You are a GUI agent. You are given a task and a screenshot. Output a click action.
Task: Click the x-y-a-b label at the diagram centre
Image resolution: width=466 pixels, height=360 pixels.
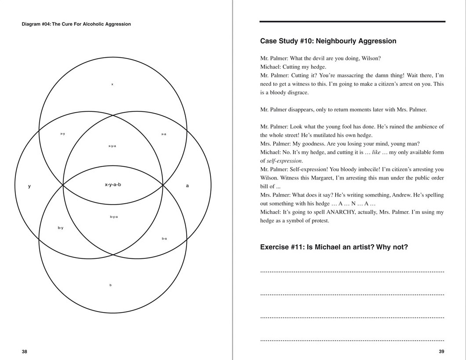click(x=113, y=185)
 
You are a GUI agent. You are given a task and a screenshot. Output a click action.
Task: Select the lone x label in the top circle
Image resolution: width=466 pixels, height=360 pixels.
click(x=112, y=84)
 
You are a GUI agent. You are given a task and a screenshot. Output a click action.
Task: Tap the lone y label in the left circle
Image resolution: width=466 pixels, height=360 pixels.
click(x=29, y=186)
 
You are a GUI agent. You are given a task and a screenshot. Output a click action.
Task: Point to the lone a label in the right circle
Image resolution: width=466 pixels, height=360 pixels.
click(x=187, y=186)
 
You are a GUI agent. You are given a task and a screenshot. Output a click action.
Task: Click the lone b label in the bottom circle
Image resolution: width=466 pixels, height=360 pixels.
click(x=110, y=285)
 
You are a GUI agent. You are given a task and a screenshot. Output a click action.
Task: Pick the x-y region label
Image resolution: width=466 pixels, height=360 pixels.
click(x=62, y=134)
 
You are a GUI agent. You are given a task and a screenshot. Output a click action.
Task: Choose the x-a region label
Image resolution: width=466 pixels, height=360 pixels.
click(x=164, y=134)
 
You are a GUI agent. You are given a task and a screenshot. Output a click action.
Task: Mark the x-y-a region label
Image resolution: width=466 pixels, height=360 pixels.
click(x=112, y=146)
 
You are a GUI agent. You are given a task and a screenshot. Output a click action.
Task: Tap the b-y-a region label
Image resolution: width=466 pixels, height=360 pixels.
click(x=114, y=217)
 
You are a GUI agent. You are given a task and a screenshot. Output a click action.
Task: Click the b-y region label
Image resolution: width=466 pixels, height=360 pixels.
click(x=60, y=228)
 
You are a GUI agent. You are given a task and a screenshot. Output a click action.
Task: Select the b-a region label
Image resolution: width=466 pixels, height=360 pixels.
click(x=164, y=239)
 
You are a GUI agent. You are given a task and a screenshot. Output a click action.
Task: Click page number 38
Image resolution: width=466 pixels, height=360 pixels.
click(x=25, y=352)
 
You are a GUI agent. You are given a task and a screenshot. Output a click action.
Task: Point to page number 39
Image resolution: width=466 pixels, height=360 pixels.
click(x=441, y=352)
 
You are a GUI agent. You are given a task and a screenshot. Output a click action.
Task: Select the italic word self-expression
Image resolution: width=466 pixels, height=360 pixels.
click(x=284, y=161)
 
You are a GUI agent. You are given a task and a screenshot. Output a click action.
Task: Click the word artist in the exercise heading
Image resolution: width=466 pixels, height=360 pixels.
click(x=353, y=247)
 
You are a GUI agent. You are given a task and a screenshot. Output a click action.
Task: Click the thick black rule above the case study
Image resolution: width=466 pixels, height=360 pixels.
click(x=352, y=21)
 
